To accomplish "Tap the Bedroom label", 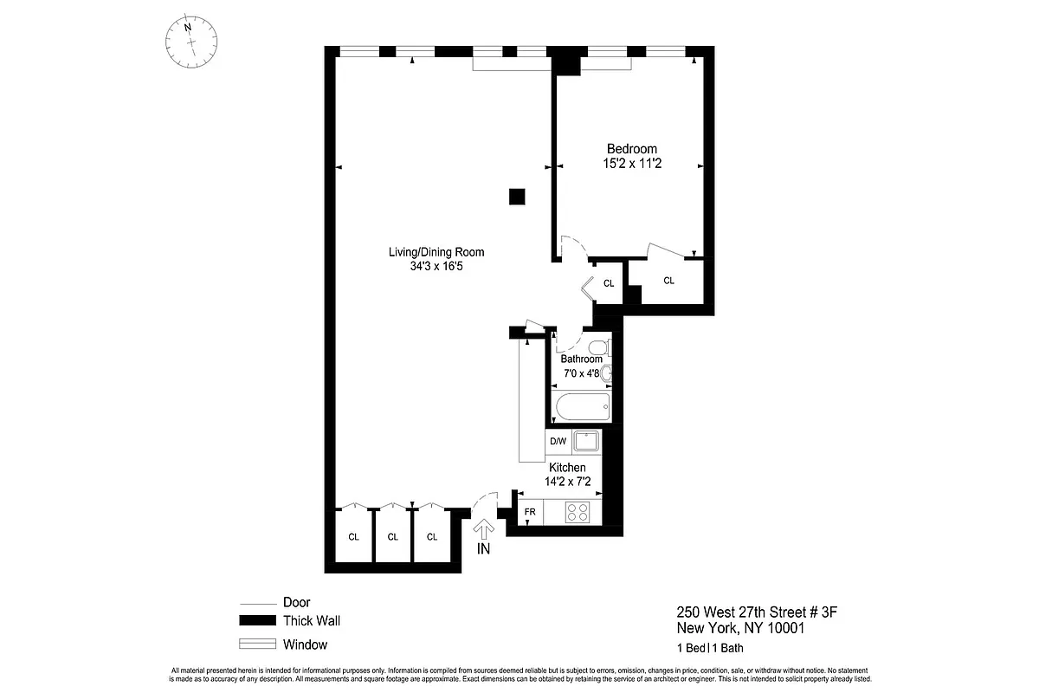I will click(x=631, y=149).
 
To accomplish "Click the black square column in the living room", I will click(x=517, y=197).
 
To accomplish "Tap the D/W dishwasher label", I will click(x=558, y=442).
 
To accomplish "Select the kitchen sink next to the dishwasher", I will click(x=586, y=442).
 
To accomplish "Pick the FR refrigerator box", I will click(x=530, y=512).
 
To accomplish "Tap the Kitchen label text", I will click(x=567, y=468).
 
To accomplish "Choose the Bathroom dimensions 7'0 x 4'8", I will click(x=580, y=374).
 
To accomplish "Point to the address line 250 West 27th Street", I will click(x=758, y=614).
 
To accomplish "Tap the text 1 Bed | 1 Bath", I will click(x=710, y=648).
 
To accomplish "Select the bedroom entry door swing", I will click(x=570, y=247).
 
